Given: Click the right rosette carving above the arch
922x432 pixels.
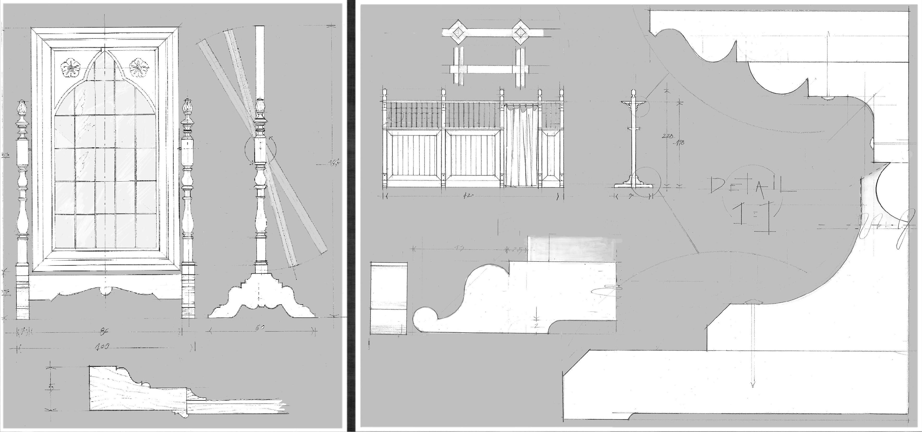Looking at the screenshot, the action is (x=139, y=68).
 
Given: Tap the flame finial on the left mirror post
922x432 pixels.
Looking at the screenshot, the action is (x=22, y=107).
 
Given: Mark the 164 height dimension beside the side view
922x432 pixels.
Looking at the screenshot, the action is (x=333, y=164).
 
